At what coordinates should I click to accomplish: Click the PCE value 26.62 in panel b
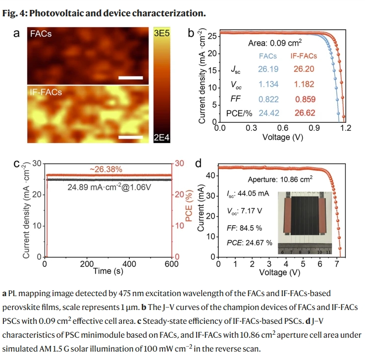click(303, 113)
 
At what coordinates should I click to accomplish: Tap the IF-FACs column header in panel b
click(303, 56)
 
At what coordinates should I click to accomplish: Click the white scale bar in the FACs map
click(131, 78)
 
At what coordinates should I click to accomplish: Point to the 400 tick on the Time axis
click(130, 263)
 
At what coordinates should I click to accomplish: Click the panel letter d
click(199, 164)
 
